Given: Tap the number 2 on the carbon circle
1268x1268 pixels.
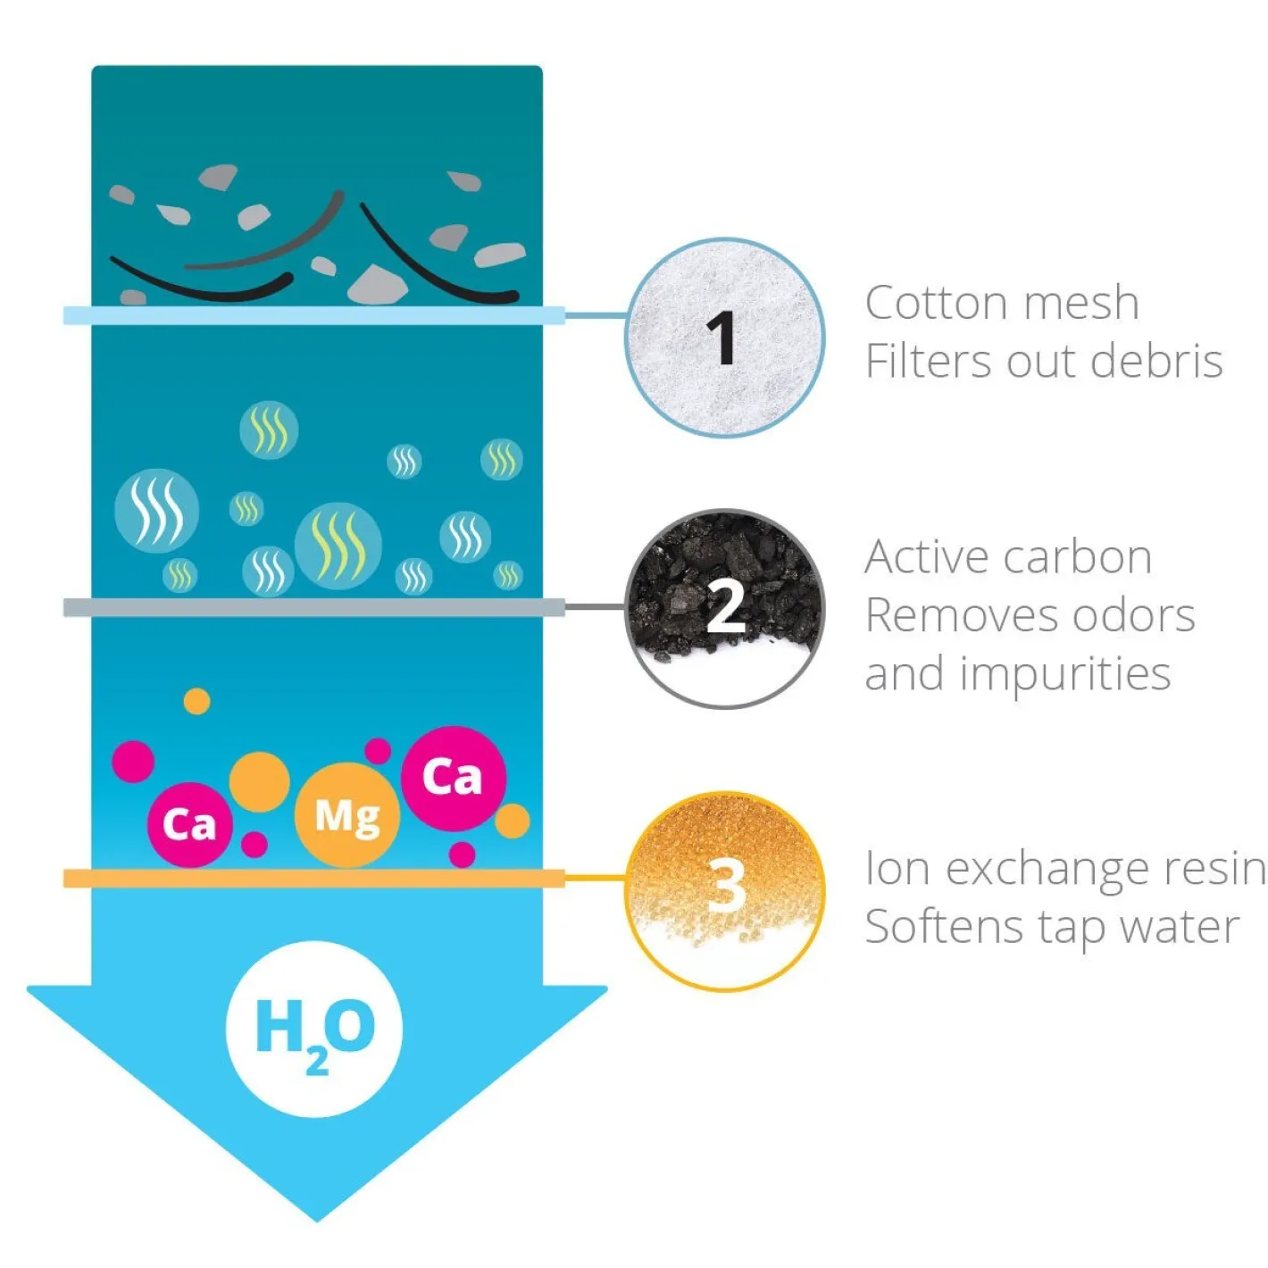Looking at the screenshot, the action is pos(725,606).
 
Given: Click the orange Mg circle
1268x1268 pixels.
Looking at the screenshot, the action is pos(346,815).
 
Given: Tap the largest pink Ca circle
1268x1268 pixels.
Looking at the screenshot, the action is pos(454,779).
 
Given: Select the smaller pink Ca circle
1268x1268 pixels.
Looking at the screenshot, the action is pos(190,824).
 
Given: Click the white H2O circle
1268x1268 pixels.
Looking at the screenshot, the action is pos(314,1029).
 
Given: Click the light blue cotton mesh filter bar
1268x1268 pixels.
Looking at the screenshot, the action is pos(313,315).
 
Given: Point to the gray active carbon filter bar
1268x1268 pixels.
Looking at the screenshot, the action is pos(313,606).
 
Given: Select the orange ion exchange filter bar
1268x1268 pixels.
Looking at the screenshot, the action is pos(313,878).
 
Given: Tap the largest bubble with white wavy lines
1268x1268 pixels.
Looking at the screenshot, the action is pos(156,511).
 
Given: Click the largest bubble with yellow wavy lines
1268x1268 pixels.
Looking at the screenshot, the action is pos(338,546).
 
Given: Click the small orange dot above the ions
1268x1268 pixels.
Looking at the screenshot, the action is pos(196,702).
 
